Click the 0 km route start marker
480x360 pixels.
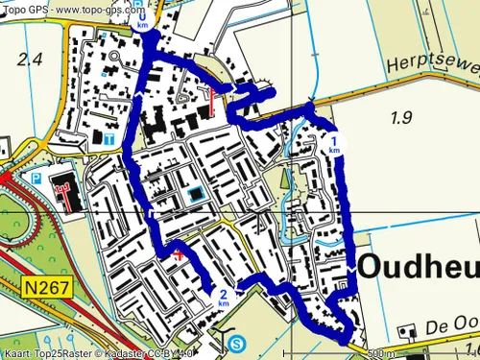(143, 18)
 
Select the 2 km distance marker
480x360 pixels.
(223, 297)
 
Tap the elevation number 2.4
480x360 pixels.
(30, 60)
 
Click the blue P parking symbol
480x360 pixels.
(36, 179)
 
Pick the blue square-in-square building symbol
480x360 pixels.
(196, 195)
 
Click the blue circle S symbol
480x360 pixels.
(237, 343)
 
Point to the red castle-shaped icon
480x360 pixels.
(65, 193)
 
